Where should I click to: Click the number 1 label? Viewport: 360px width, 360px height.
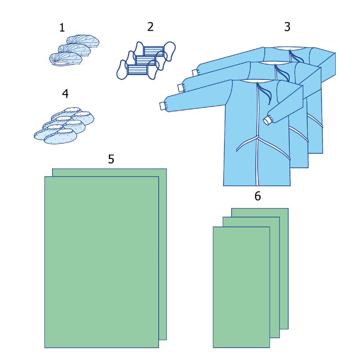(x=62, y=28)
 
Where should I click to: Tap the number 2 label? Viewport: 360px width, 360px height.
(x=150, y=27)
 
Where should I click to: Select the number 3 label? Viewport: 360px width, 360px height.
(x=287, y=27)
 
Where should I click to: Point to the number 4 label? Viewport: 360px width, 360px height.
(x=65, y=94)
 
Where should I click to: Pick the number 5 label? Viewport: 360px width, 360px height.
(x=111, y=159)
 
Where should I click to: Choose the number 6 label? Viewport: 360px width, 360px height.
(x=257, y=196)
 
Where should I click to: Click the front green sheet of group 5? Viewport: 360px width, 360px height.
(x=102, y=262)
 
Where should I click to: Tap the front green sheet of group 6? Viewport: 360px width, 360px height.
(x=241, y=287)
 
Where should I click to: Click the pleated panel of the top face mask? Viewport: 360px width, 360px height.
(x=153, y=51)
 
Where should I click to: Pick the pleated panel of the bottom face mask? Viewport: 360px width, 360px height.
(x=137, y=70)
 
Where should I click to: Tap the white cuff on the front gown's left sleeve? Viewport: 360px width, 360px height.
(x=163, y=106)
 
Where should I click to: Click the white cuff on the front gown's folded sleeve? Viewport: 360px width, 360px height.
(x=267, y=121)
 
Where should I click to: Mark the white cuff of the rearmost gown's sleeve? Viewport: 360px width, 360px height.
(x=195, y=72)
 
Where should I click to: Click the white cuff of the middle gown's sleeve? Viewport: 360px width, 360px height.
(x=181, y=88)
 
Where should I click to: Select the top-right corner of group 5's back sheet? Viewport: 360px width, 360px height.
(x=166, y=169)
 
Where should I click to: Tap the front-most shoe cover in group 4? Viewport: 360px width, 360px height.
(x=60, y=137)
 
